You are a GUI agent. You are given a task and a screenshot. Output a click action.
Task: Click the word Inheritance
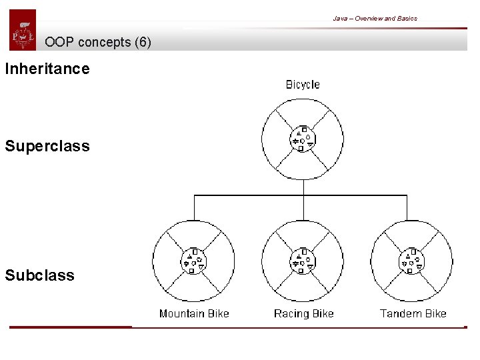(x=47, y=69)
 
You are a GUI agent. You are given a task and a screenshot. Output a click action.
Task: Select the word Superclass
(x=47, y=146)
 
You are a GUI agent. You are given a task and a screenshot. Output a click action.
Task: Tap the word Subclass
(x=39, y=275)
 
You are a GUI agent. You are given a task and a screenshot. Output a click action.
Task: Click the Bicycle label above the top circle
(x=303, y=85)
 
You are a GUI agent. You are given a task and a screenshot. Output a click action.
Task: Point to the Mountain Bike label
(x=194, y=313)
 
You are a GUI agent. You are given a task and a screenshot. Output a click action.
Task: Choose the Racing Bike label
(x=303, y=313)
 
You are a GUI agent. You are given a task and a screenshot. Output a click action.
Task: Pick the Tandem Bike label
(x=413, y=313)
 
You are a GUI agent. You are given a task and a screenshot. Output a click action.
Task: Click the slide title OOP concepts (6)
(x=98, y=42)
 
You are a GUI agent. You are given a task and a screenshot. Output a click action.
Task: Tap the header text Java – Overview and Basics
(x=375, y=18)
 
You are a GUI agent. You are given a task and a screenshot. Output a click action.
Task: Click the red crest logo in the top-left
(x=23, y=31)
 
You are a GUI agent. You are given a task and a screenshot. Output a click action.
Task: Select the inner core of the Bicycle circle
(x=303, y=139)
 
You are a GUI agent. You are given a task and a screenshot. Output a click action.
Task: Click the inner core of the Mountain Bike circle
(x=194, y=261)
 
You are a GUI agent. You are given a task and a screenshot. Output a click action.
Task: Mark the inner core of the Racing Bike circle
(x=303, y=261)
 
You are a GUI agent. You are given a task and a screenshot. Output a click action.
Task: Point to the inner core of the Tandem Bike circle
(x=412, y=261)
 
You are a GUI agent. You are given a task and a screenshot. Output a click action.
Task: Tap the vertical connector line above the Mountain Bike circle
(x=194, y=207)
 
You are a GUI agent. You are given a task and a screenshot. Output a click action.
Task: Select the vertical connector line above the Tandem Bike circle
(x=407, y=207)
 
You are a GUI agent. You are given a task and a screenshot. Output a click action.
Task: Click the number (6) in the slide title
(x=143, y=42)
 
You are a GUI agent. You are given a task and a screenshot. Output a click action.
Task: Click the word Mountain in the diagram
(x=182, y=313)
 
